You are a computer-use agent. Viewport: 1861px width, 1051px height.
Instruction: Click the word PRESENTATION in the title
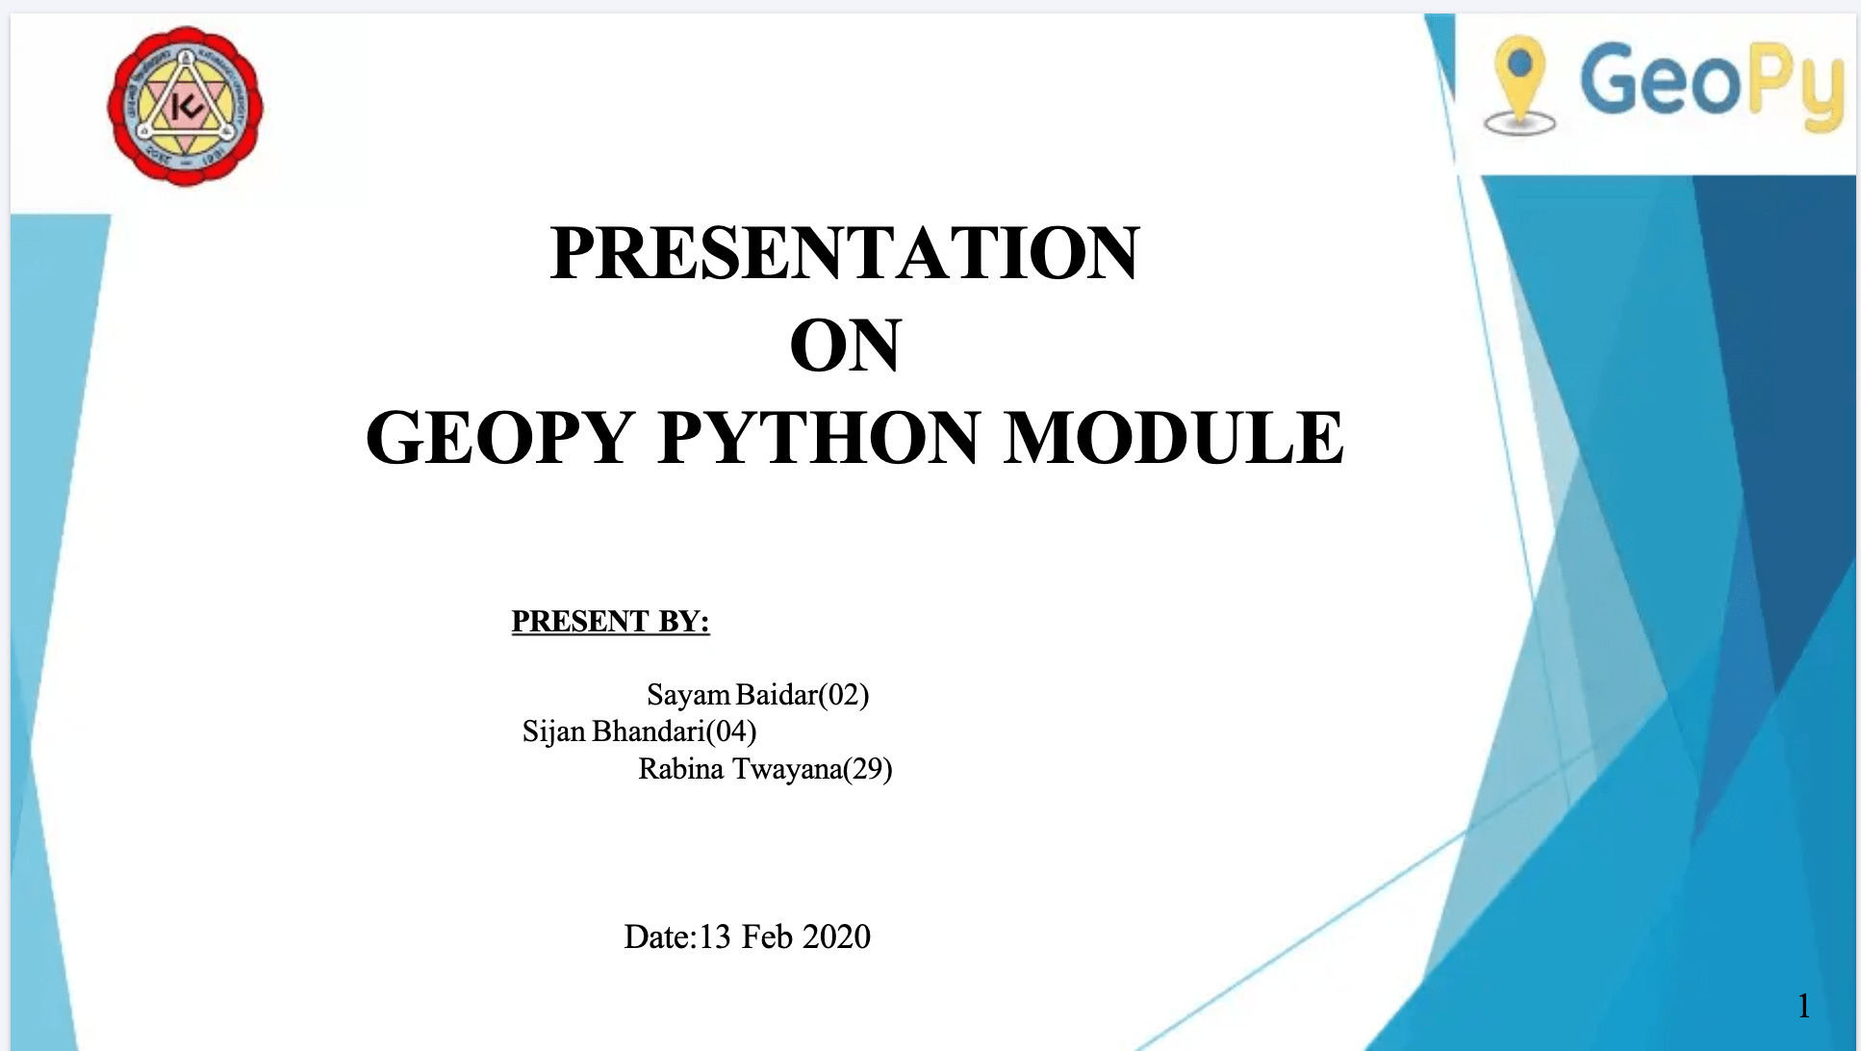point(845,252)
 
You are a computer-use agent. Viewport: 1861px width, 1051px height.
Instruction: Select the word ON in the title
point(846,345)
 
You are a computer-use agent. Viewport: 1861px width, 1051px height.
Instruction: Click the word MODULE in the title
point(1174,437)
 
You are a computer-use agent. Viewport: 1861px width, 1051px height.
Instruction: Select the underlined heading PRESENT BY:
point(610,622)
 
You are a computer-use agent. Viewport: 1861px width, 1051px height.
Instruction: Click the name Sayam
point(689,695)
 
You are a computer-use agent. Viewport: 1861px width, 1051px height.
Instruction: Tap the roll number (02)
point(844,695)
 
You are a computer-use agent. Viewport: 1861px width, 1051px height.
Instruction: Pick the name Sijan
point(553,732)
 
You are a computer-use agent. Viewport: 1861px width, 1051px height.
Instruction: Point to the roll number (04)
point(731,731)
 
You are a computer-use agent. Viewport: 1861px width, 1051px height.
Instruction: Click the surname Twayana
point(788,769)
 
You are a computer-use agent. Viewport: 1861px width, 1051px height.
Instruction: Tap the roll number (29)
point(868,769)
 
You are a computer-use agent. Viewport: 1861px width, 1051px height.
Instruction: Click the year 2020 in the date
point(836,936)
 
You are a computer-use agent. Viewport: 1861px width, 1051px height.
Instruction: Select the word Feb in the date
point(767,936)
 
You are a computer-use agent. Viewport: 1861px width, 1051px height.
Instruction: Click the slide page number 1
point(1804,1006)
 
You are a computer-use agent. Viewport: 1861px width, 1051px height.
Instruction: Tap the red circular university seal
point(185,106)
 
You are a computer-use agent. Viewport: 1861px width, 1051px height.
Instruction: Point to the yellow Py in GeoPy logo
point(1797,87)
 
